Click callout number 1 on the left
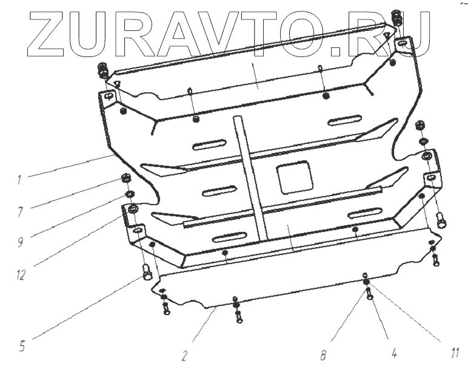pos(19,179)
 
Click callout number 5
pos(21,346)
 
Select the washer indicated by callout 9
pos(130,194)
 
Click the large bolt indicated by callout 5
pos(147,273)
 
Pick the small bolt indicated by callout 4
pos(369,296)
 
